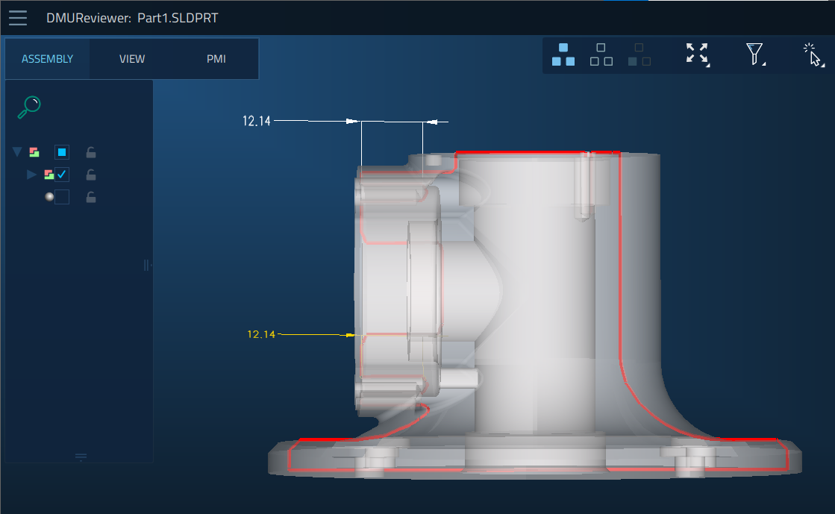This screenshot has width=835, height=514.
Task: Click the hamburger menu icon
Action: tap(18, 18)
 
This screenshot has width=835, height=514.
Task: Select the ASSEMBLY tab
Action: tap(48, 59)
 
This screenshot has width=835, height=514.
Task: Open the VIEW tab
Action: tap(132, 59)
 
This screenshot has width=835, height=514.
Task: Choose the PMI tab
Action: tap(216, 59)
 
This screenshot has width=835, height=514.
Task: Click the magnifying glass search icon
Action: tap(29, 107)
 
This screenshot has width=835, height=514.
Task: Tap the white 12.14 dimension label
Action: tap(257, 122)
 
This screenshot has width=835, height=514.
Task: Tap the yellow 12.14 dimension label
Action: tap(261, 334)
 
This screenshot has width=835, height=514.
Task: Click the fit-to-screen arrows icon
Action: tap(698, 54)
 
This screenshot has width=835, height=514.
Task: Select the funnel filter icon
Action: tap(754, 54)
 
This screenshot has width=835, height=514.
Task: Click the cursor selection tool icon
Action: tap(813, 55)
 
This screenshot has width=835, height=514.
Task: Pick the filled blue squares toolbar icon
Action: tap(563, 54)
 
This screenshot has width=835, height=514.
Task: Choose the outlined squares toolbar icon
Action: tap(601, 54)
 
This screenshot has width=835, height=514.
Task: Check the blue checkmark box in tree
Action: tap(62, 175)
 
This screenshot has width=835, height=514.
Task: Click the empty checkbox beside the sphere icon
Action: tap(62, 197)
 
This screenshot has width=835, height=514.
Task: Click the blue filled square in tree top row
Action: tap(62, 152)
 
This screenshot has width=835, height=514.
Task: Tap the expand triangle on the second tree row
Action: tap(31, 175)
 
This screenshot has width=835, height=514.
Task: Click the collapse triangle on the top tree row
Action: tap(17, 152)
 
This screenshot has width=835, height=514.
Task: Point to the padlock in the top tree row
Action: tap(91, 153)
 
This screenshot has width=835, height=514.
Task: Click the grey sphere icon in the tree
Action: tap(49, 197)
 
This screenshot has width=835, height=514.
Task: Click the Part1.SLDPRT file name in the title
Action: tap(178, 18)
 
